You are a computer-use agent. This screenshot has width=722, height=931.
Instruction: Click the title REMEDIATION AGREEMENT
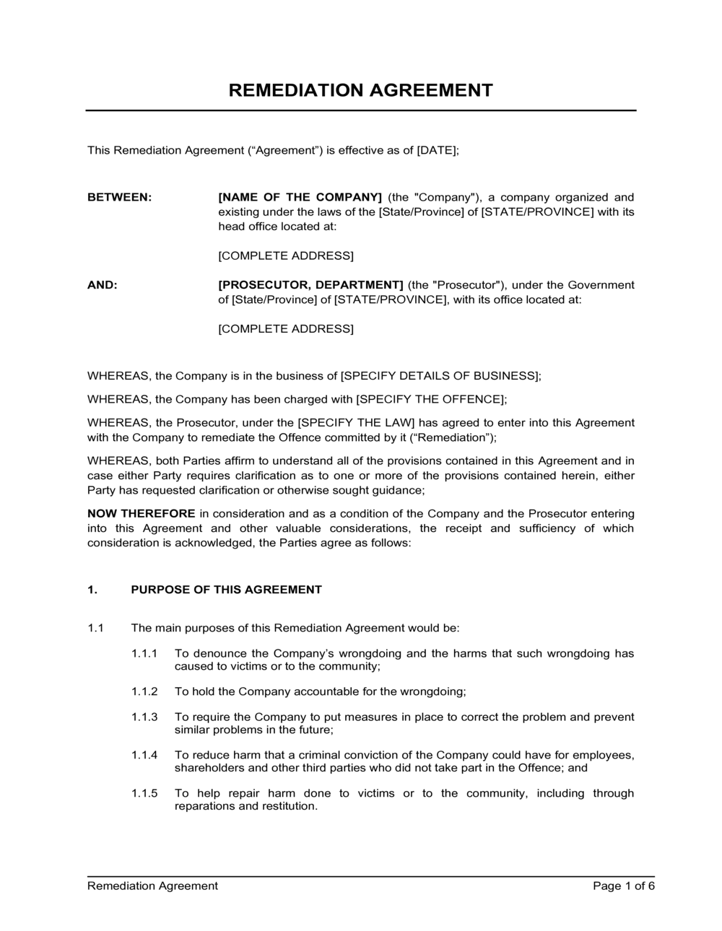pos(360,90)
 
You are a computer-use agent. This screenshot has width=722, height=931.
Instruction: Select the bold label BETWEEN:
pos(120,197)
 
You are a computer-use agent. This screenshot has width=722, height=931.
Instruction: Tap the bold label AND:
pos(103,285)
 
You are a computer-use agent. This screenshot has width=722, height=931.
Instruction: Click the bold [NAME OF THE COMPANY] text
pos(300,197)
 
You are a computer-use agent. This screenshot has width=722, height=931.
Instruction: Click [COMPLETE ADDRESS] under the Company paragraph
pos(286,256)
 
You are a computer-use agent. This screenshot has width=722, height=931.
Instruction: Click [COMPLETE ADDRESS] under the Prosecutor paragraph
pos(286,329)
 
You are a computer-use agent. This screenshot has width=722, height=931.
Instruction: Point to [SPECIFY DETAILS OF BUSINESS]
pos(440,376)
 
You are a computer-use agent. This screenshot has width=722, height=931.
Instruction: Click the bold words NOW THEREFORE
pos(141,514)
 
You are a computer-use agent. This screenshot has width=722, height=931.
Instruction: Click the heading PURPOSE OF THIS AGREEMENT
pos(226,590)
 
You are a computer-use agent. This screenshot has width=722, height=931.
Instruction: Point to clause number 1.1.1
pos(144,653)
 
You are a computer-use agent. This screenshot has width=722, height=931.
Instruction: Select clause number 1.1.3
pos(144,717)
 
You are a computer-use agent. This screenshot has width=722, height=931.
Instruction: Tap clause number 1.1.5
pos(144,793)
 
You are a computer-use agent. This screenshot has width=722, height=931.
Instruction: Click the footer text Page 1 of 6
pos(624,886)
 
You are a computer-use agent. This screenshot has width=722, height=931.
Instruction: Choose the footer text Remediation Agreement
pos(152,886)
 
